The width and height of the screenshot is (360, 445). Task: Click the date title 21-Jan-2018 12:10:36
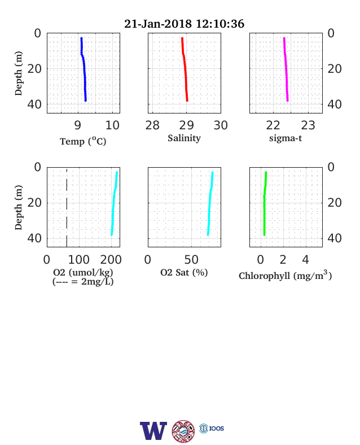184,24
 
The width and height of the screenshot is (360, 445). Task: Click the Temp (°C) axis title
83,141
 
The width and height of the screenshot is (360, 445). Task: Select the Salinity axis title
185,138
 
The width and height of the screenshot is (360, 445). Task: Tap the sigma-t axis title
286,138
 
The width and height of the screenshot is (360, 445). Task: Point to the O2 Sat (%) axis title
185,272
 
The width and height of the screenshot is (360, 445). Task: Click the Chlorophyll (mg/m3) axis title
285,275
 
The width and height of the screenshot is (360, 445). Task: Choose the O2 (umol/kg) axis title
83,272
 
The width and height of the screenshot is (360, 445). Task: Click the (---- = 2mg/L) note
83,282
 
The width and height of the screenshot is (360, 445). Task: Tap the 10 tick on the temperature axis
112,125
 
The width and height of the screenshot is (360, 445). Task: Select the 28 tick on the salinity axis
152,125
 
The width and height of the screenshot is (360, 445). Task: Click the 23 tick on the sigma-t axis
308,125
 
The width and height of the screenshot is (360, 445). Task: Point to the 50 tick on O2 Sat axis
191,260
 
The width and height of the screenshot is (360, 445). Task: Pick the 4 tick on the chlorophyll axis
305,260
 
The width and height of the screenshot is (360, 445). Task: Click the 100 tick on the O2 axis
79,260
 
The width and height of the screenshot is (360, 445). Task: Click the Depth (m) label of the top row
18,73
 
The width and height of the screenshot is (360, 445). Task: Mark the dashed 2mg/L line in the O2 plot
67,207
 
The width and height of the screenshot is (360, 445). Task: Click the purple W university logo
153,430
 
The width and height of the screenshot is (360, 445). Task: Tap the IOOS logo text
217,428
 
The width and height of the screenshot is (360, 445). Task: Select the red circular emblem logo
183,431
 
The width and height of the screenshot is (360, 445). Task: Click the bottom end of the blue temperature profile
85,100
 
